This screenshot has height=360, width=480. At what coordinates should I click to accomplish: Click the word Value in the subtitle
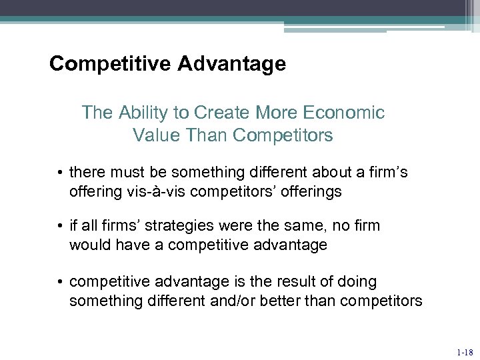coord(154,135)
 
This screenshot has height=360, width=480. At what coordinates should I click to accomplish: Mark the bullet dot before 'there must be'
coord(60,173)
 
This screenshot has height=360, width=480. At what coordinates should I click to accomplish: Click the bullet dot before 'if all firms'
coord(60,227)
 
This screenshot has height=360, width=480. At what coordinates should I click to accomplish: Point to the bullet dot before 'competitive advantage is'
coord(60,283)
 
